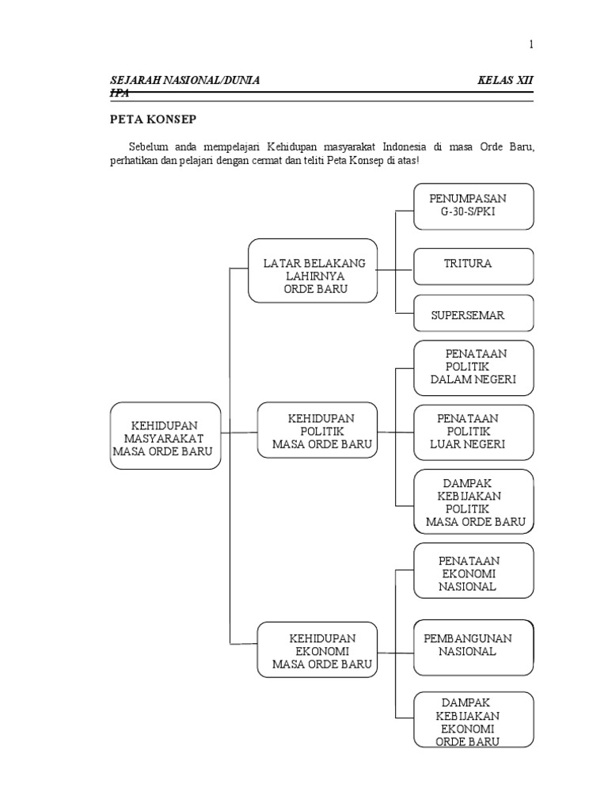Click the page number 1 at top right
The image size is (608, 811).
[x=531, y=45]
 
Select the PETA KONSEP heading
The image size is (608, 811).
[x=152, y=120]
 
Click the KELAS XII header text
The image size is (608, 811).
[x=507, y=81]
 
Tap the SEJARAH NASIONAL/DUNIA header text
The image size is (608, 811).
[x=184, y=81]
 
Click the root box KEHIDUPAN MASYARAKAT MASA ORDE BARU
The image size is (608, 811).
[x=165, y=436]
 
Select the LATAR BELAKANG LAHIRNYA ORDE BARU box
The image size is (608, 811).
[x=312, y=271]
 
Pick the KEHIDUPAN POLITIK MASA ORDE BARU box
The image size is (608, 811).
[x=316, y=429]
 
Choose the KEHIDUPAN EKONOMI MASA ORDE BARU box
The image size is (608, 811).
[x=316, y=649]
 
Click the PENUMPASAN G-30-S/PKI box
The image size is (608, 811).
[x=473, y=205]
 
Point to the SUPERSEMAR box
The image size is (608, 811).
[x=473, y=314]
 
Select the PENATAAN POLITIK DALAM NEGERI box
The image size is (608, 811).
[x=473, y=367]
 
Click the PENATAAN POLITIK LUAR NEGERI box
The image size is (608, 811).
[x=473, y=432]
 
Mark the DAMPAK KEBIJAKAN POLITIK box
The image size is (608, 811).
[x=473, y=501]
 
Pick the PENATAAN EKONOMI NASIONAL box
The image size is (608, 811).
[x=473, y=571]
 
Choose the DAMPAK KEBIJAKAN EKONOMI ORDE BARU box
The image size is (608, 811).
[x=473, y=720]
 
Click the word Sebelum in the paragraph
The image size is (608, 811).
[x=149, y=148]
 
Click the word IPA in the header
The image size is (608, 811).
[x=119, y=93]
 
